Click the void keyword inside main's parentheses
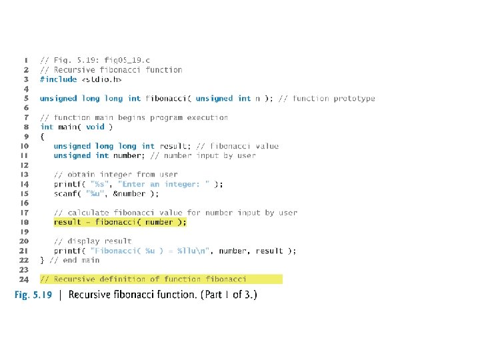click(x=95, y=127)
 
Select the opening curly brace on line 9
click(x=42, y=136)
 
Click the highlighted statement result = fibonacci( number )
click(x=120, y=222)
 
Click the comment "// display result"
click(x=93, y=241)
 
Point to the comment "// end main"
click(x=74, y=260)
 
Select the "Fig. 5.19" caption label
click(x=33, y=295)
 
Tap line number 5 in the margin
click(x=25, y=98)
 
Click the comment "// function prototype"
click(x=327, y=98)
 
